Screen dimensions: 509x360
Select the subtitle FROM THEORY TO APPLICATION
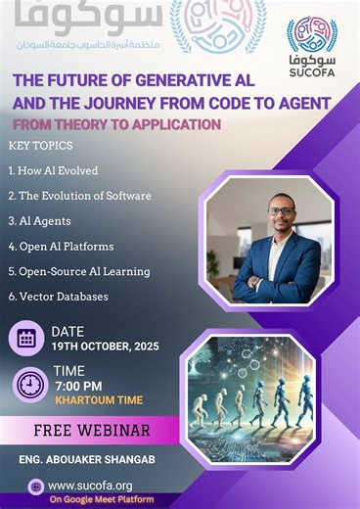pyautogui.click(x=116, y=124)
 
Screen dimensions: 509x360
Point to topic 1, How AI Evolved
pyautogui.click(x=53, y=170)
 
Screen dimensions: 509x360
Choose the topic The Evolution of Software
pyautogui.click(x=79, y=196)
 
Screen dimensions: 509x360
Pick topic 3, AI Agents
pyautogui.click(x=39, y=221)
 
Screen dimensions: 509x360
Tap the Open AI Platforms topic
pyautogui.click(x=61, y=246)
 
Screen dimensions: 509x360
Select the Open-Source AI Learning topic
pyautogui.click(x=79, y=271)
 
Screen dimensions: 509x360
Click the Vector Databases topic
pyautogui.click(x=58, y=296)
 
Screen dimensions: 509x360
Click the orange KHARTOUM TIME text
pyautogui.click(x=99, y=400)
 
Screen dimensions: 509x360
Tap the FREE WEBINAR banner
pyautogui.click(x=91, y=430)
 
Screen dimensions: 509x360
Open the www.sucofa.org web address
pyautogui.click(x=90, y=485)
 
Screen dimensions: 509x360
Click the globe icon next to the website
pyautogui.click(x=37, y=486)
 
